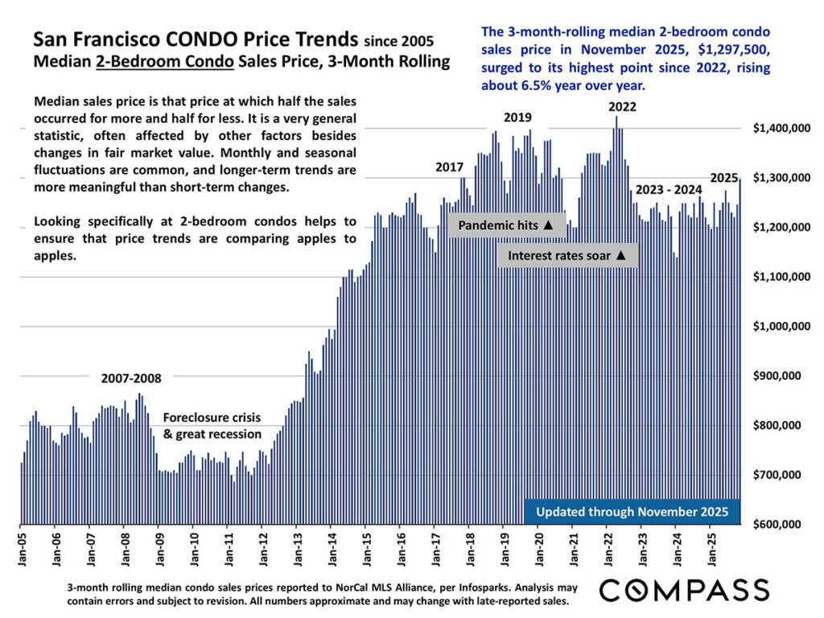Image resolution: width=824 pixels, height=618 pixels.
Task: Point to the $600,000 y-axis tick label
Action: [x=780, y=524]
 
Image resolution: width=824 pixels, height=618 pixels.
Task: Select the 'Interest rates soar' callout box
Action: [x=566, y=255]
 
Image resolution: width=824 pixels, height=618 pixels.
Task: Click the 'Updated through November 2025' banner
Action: [x=632, y=511]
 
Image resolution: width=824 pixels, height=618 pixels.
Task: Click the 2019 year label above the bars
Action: [x=517, y=117]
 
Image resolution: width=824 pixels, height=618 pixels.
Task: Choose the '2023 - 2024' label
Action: [x=668, y=190]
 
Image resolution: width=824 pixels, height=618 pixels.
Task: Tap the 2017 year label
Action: [x=449, y=167]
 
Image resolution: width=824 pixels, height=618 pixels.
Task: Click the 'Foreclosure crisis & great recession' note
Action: [x=212, y=426]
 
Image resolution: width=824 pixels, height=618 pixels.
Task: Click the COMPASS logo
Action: [x=683, y=589]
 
